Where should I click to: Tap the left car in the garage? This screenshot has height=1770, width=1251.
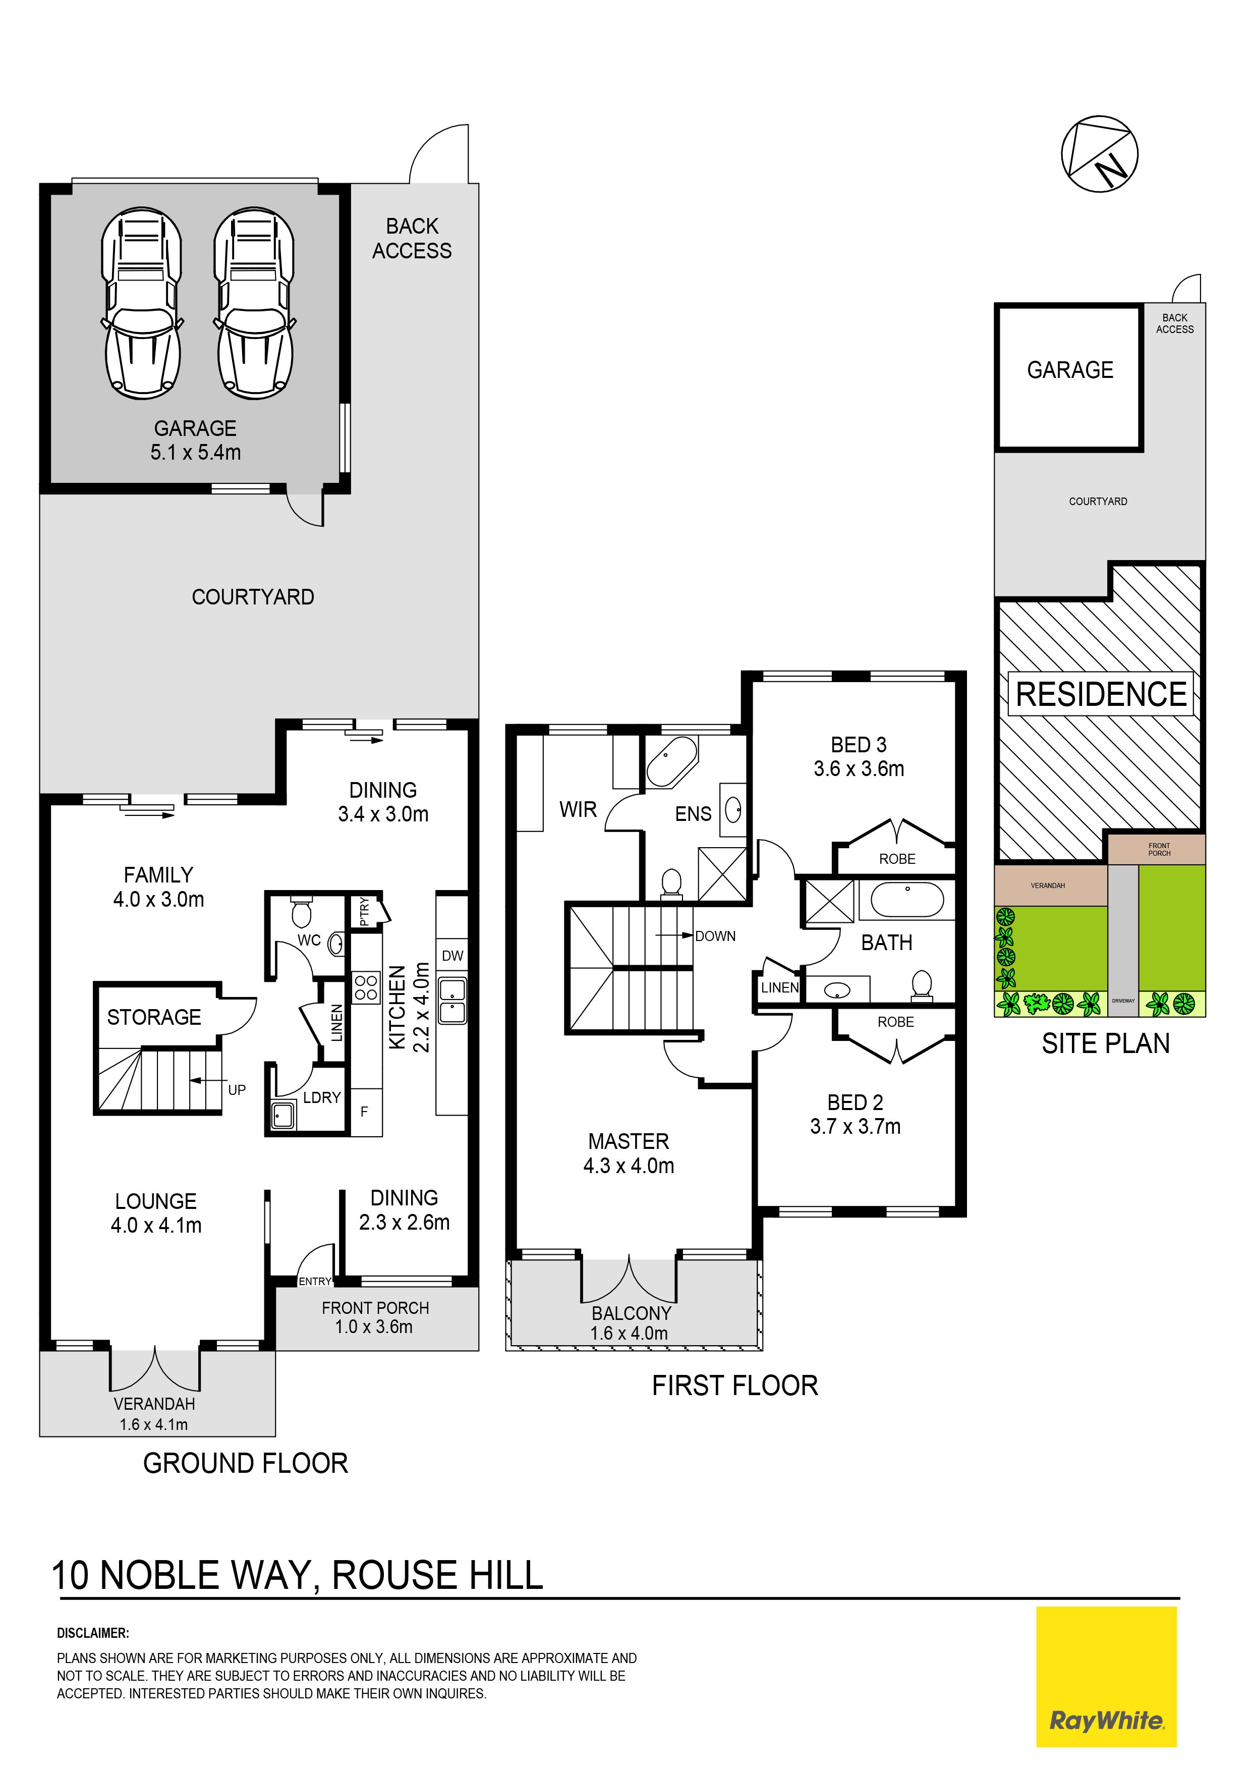pos(143,302)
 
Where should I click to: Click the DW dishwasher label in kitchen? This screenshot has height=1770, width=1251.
pos(452,956)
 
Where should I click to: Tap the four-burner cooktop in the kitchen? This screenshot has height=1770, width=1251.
pos(366,987)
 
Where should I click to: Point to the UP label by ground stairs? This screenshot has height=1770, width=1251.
pos(237,1090)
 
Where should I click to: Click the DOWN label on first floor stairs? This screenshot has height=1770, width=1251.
pos(715,936)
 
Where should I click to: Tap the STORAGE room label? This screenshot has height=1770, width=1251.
pos(154,1018)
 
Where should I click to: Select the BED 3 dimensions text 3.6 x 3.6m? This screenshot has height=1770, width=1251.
pos(859,768)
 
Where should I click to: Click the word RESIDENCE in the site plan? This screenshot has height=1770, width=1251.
pos(1102,694)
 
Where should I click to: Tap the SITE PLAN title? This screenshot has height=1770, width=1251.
pos(1106,1044)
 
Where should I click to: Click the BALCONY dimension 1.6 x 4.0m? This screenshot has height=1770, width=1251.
pos(629,1333)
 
